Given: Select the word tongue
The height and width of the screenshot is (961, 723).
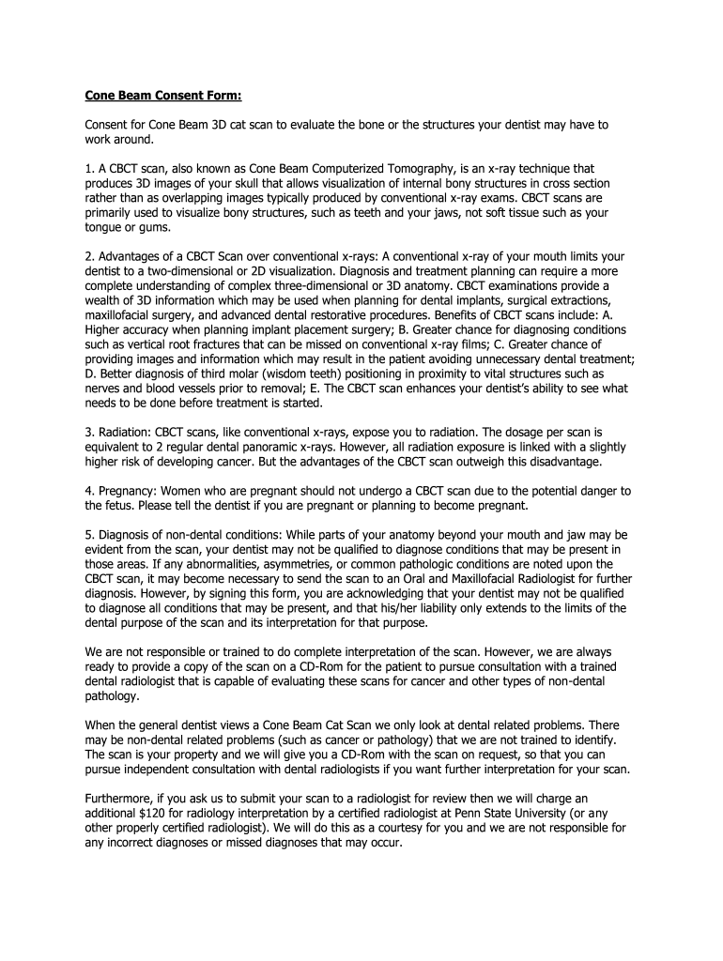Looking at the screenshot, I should click(102, 227).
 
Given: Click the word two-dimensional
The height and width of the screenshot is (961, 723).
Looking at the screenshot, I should click(175, 270).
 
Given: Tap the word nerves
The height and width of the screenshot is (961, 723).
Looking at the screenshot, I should click(102, 388).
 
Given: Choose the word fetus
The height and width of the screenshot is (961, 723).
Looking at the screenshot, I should click(119, 506).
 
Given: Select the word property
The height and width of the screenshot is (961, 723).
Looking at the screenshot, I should click(192, 755).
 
